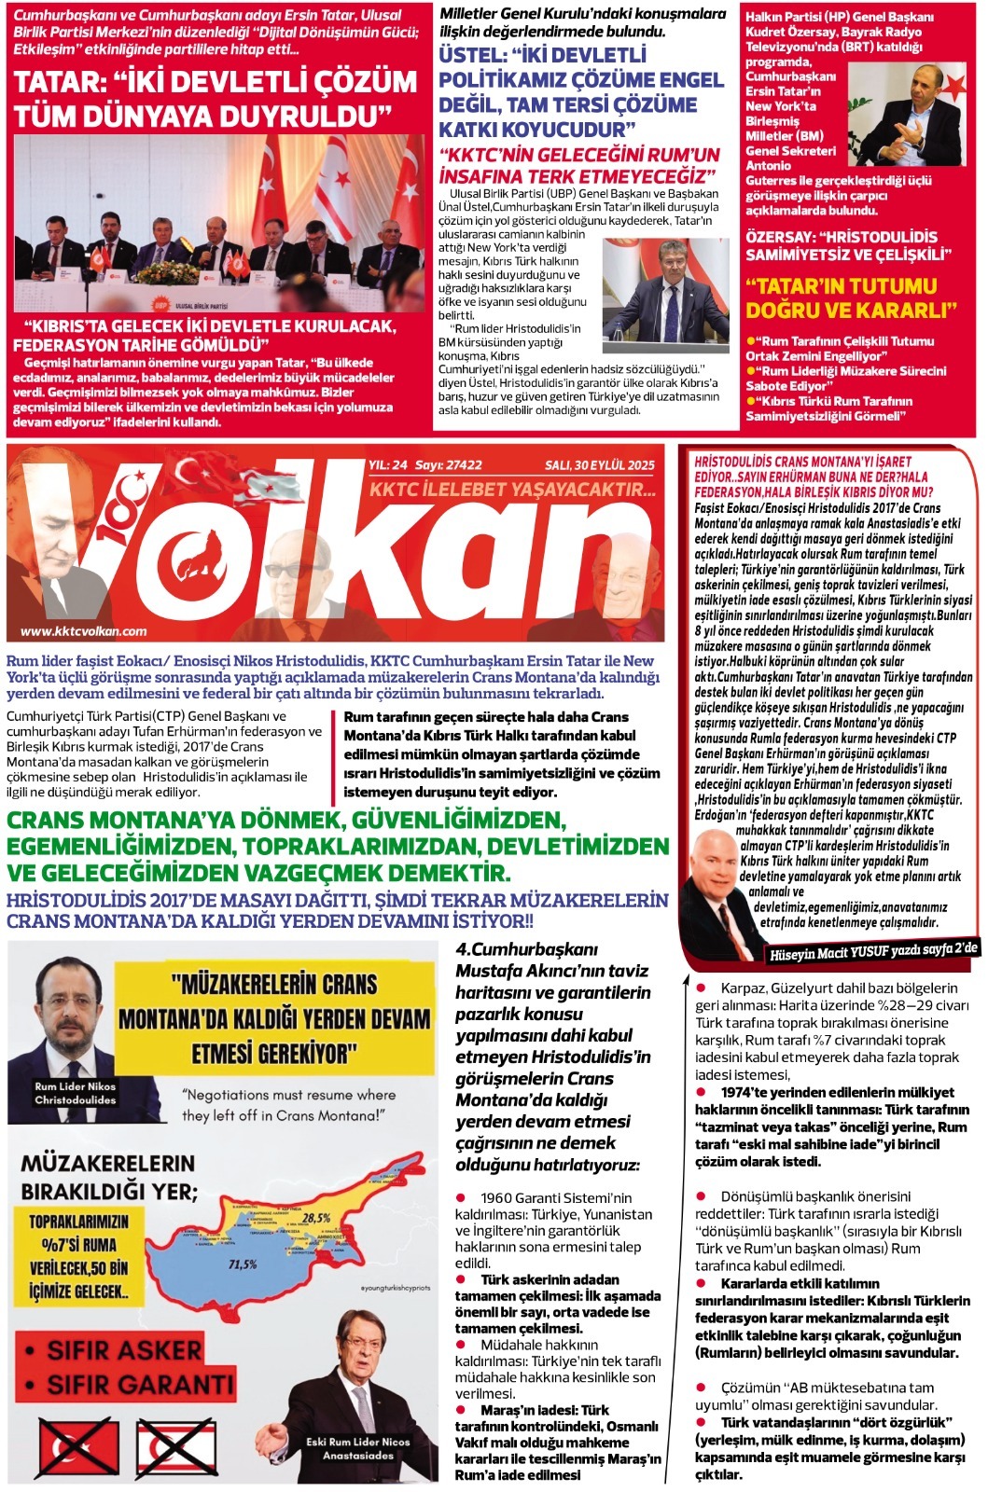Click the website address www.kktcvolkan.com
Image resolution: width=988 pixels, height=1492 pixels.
84,631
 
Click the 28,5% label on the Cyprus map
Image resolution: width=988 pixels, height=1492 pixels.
316,1218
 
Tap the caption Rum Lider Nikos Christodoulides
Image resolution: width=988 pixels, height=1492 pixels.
76,1093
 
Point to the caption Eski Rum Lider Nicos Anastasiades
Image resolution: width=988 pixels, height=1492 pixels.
358,1448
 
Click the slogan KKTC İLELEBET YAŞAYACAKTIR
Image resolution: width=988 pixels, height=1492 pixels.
513,489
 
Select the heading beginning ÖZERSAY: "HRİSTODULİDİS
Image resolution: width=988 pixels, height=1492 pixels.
848,245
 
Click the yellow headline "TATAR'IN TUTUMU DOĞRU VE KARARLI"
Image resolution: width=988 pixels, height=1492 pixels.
851,297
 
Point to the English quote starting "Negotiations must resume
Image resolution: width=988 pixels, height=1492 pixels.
288,1105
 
